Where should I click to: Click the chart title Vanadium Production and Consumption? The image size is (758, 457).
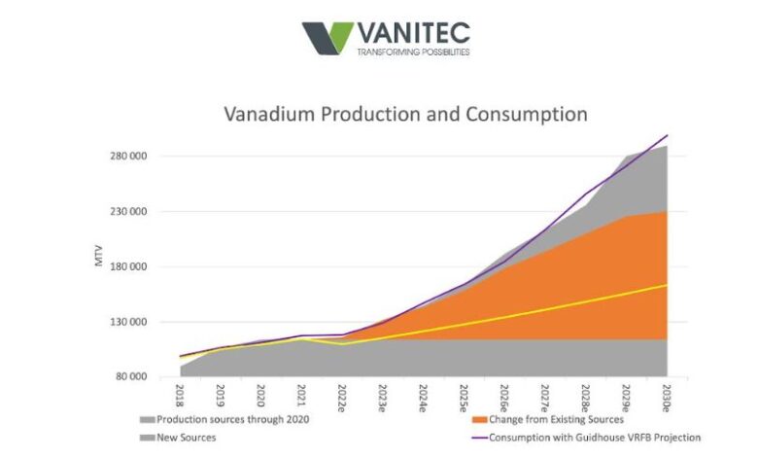[405, 114]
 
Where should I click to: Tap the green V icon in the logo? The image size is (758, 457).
[327, 38]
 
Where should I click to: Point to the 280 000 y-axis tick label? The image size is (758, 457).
[127, 157]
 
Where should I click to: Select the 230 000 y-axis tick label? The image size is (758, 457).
[127, 212]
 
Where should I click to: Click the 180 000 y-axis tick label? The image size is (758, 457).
[127, 266]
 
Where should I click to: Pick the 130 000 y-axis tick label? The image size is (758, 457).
[127, 322]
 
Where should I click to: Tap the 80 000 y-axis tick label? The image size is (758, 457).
[130, 376]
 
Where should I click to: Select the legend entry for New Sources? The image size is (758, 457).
[184, 438]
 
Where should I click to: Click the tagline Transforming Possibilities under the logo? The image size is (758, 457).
[414, 52]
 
